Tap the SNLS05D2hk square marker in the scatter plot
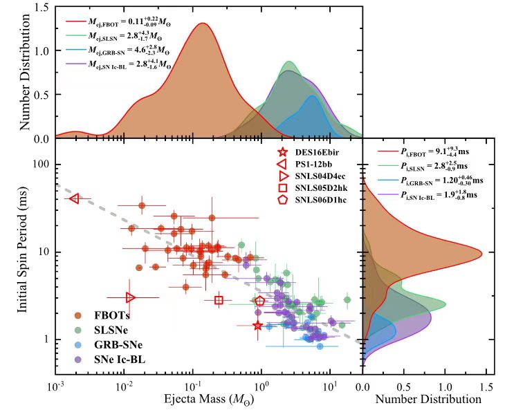click(219, 300)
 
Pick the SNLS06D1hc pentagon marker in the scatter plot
click(260, 301)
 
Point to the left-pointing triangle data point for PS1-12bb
click(75, 198)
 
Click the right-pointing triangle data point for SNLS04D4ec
click(131, 297)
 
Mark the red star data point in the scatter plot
click(257, 326)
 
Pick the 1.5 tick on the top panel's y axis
click(41, 8)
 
